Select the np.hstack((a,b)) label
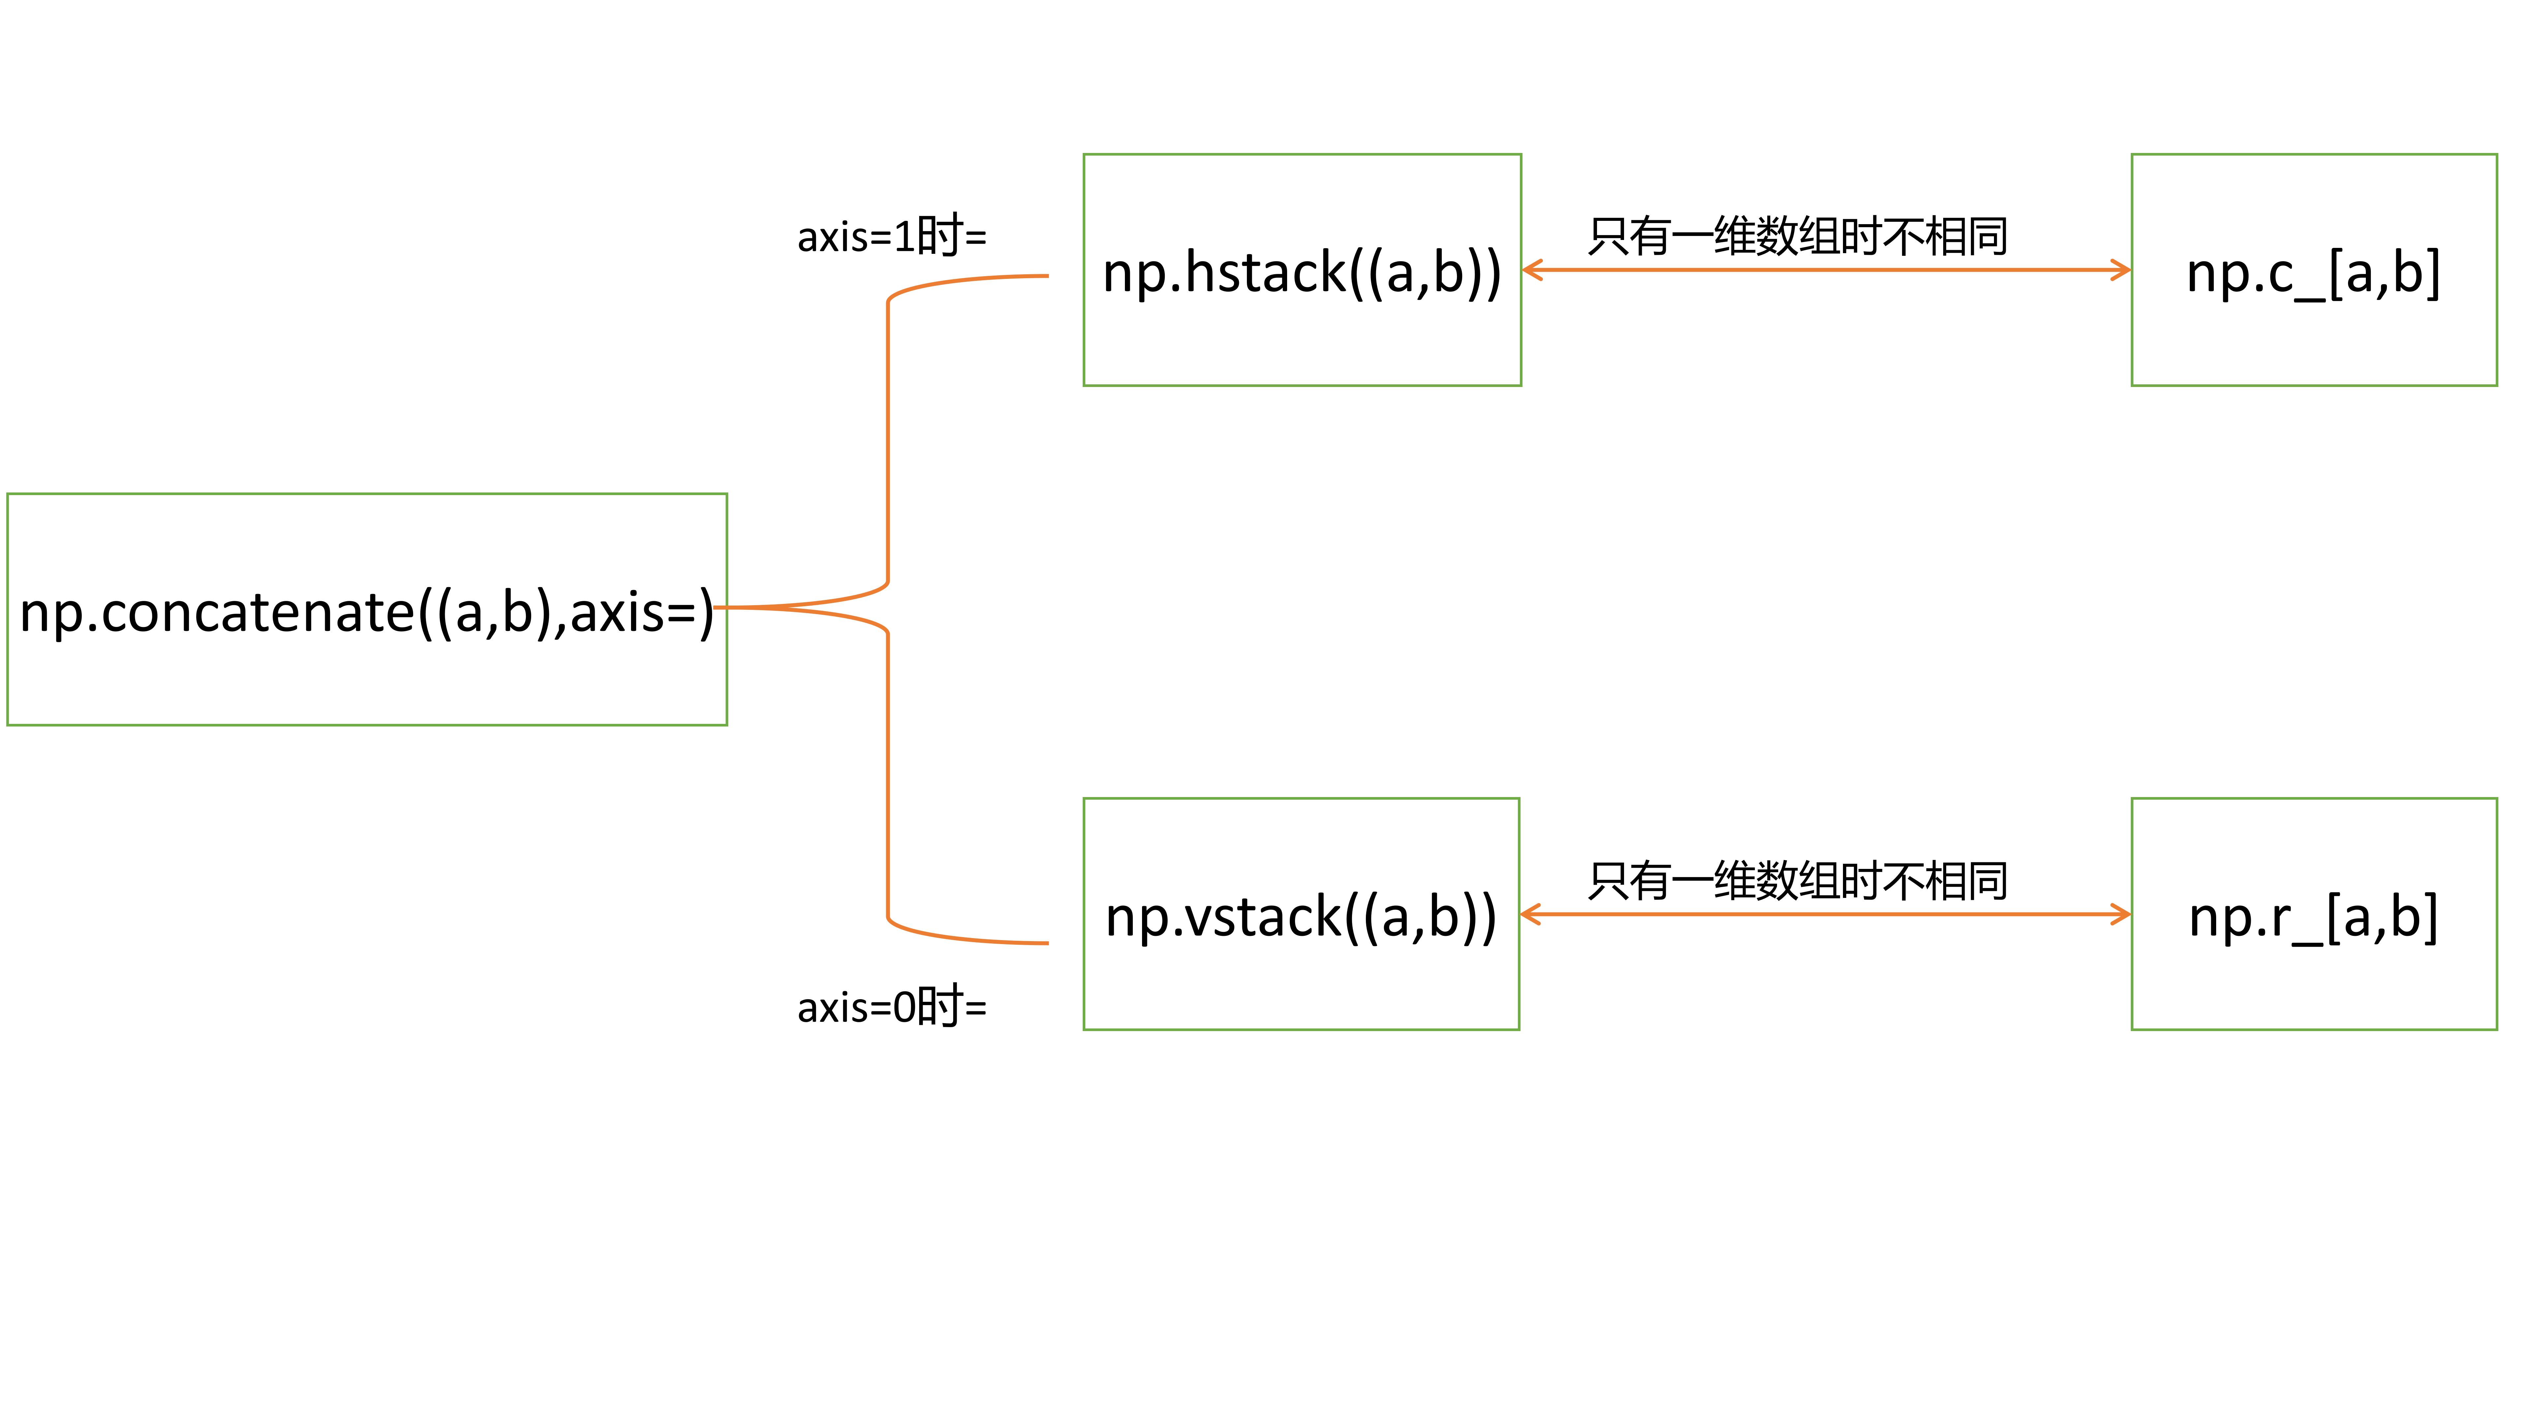1301,272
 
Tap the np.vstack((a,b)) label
1300,917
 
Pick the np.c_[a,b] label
2313,272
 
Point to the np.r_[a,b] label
2313,917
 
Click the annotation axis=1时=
891,236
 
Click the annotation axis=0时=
891,1006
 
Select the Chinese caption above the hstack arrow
1798,236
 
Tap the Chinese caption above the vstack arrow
1798,880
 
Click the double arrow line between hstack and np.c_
1826,270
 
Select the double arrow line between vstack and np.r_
1826,915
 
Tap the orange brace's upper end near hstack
1042,276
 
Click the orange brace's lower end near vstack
1042,942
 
